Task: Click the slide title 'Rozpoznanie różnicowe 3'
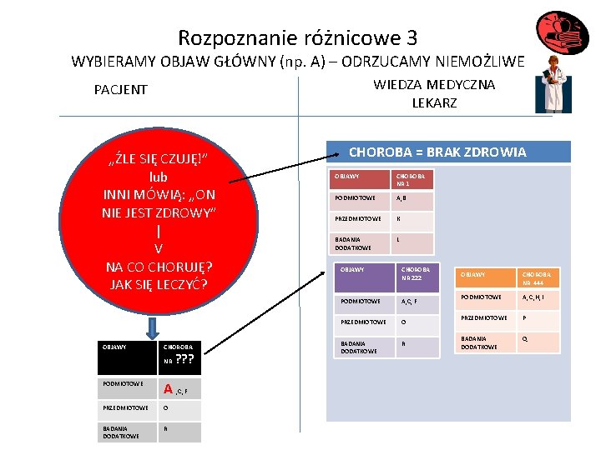pyautogui.click(x=297, y=37)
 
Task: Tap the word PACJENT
pyautogui.click(x=120, y=89)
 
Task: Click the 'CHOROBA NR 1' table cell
pyautogui.click(x=412, y=180)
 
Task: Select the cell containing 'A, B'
pyautogui.click(x=412, y=201)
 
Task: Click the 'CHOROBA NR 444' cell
pyautogui.click(x=538, y=277)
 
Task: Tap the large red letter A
pyautogui.click(x=168, y=388)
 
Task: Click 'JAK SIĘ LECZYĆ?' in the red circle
pyautogui.click(x=158, y=283)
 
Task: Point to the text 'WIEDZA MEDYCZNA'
pyautogui.click(x=434, y=84)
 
